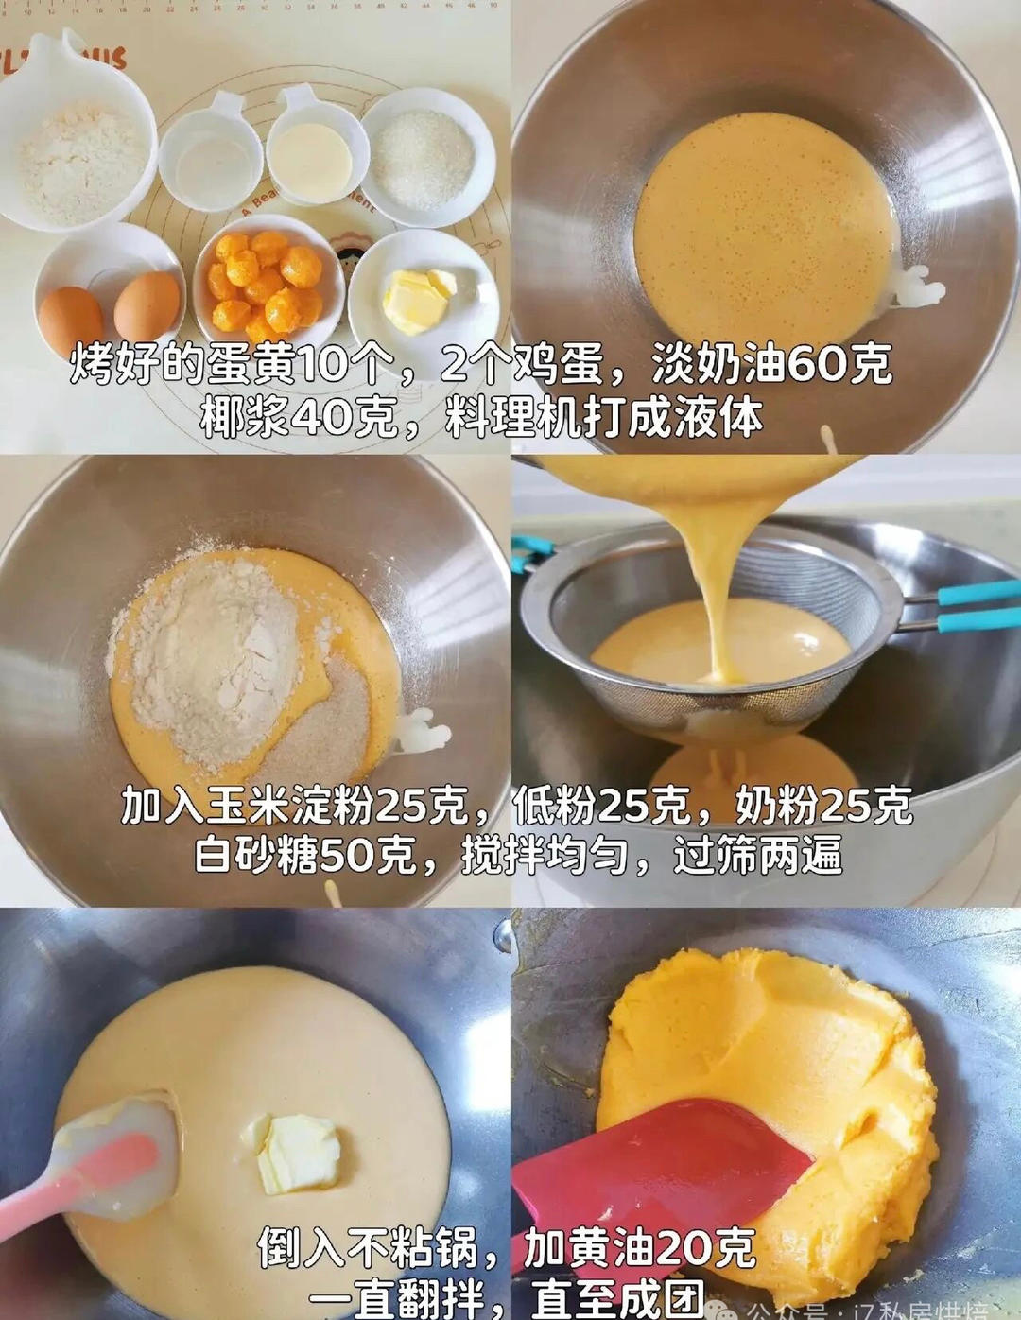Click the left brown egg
point(71,317)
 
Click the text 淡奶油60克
point(771,365)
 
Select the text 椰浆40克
point(299,417)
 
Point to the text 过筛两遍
point(757,856)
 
